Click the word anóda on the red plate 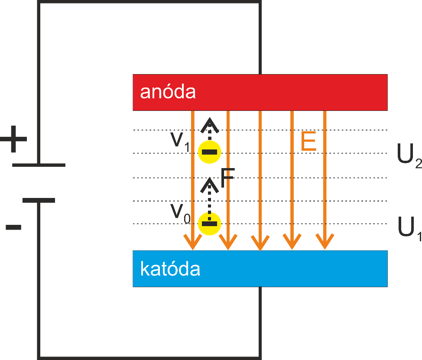(168, 92)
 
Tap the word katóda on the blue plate (170, 269)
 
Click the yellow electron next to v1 (210, 152)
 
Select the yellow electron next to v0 (210, 224)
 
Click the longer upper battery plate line (39, 165)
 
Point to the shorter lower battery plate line (39, 200)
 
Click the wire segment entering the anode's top (260, 39)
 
